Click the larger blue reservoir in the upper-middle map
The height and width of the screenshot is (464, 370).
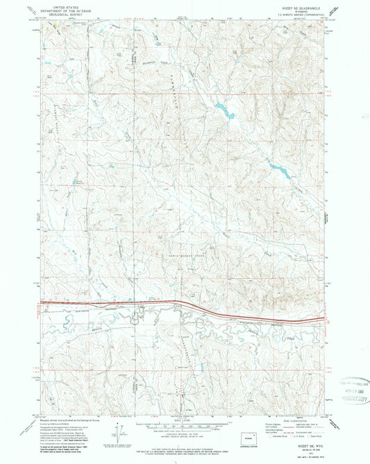click(x=223, y=109)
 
